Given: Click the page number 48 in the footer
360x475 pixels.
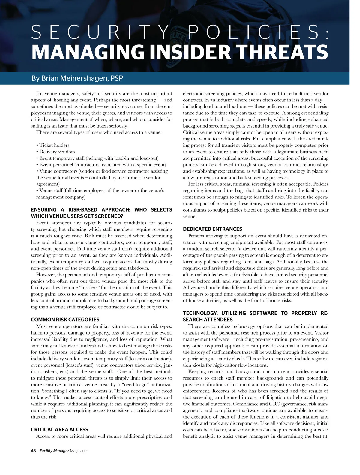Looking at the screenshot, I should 33,451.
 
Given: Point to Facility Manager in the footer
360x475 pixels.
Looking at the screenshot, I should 54,451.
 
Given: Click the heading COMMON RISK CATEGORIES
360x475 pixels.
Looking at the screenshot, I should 65,320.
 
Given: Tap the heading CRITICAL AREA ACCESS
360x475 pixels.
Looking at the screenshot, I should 60,429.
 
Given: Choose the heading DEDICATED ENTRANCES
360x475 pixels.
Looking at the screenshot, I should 212,229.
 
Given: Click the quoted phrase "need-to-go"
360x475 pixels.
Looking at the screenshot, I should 133,384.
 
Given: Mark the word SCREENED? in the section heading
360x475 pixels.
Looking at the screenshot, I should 110,216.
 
